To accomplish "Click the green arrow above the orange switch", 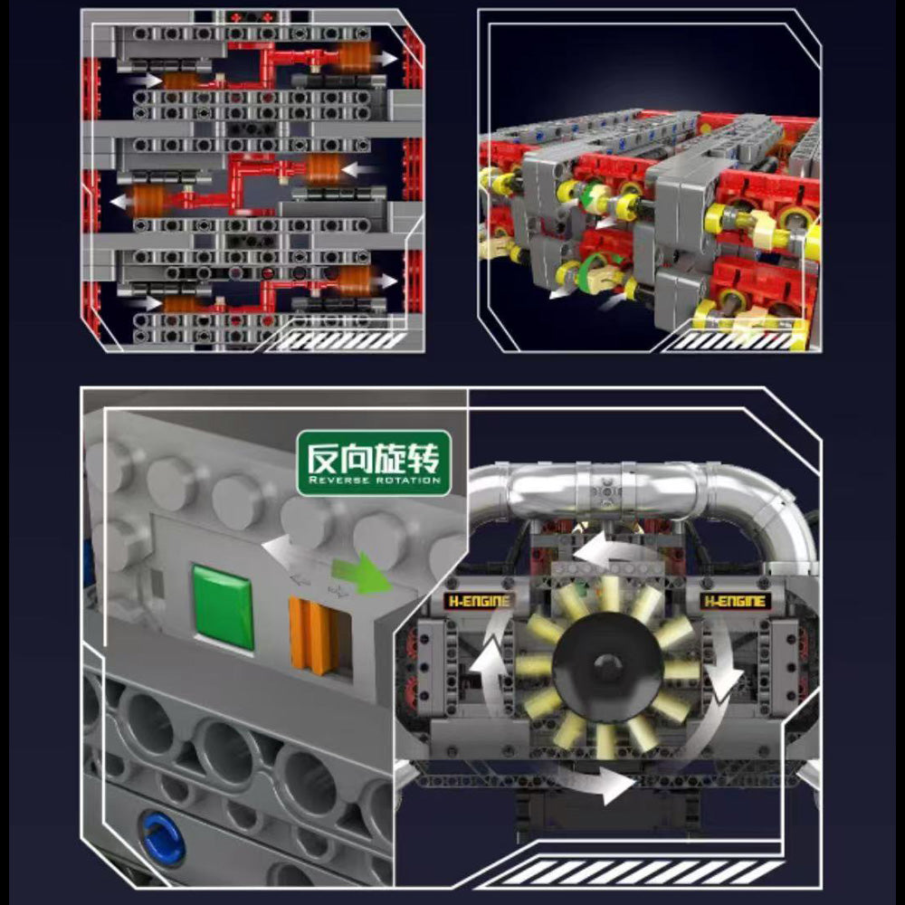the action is (x=361, y=572).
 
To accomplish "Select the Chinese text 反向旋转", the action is (x=373, y=459).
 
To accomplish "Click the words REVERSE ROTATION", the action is (x=374, y=481).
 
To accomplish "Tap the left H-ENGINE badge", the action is (x=479, y=602).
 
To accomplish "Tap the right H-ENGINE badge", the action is (x=735, y=602).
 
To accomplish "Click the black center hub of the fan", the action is (x=607, y=665).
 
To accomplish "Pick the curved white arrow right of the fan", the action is (x=722, y=663).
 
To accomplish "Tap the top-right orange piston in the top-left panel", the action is (x=353, y=57).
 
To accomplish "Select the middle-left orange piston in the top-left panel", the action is (x=149, y=201).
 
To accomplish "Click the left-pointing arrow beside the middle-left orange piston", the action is (x=120, y=202).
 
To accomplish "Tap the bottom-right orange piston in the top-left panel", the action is (x=353, y=281).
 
